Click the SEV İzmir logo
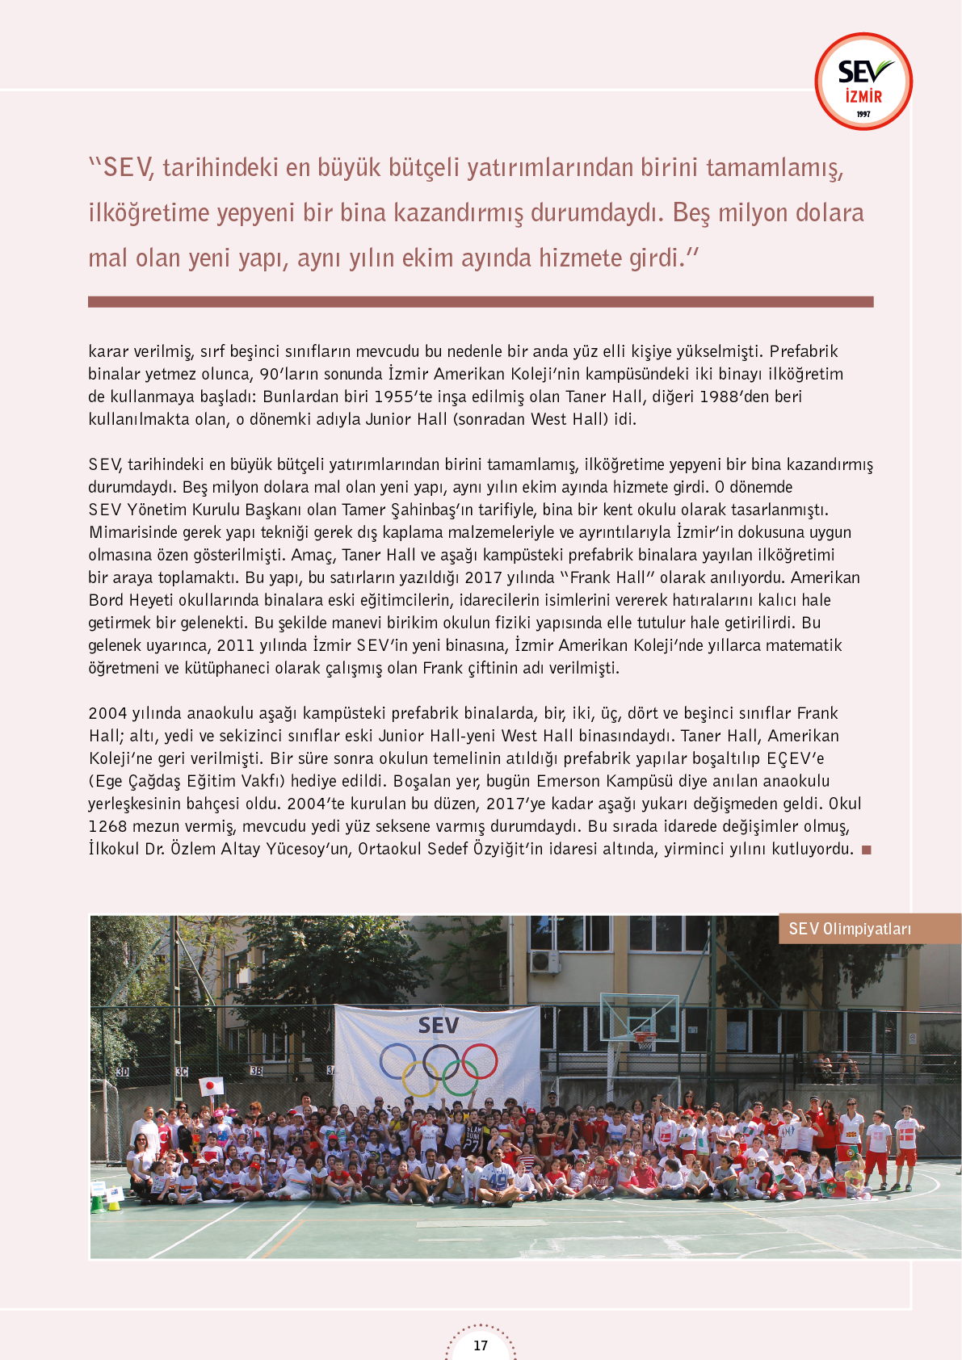[x=863, y=82]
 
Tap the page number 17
[x=481, y=1345]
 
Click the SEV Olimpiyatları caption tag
[x=851, y=929]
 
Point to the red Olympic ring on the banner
[x=478, y=1061]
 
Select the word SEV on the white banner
[x=439, y=1026]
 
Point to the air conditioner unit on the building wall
[x=544, y=961]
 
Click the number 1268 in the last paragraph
[x=107, y=826]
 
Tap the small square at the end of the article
[x=867, y=850]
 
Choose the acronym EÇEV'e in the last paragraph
[x=796, y=758]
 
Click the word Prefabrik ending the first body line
[x=804, y=351]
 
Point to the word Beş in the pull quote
[x=691, y=212]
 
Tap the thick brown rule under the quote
[x=481, y=302]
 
